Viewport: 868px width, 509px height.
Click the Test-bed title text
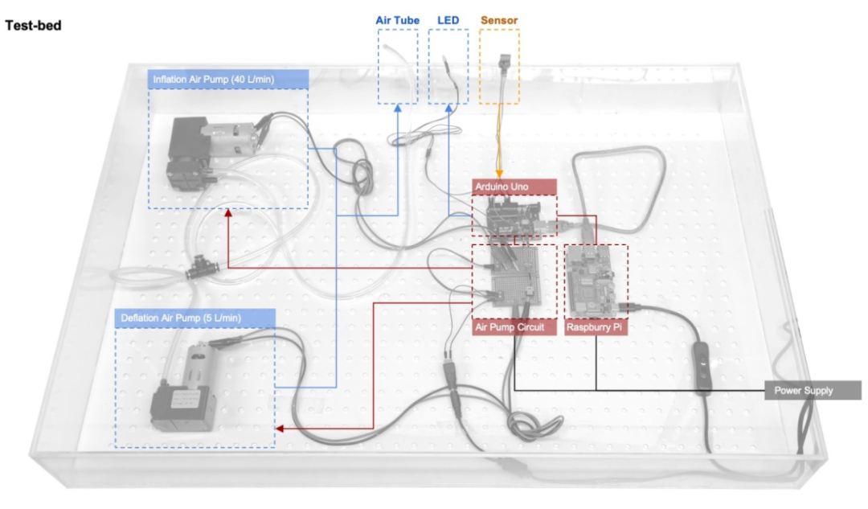[33, 26]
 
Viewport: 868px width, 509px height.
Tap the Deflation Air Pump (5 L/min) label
[181, 317]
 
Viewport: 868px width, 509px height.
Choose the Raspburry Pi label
[595, 328]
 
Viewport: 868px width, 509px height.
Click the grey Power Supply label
[804, 391]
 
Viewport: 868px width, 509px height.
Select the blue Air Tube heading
[397, 19]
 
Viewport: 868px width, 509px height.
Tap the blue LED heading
[448, 19]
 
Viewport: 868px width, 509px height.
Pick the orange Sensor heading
[499, 19]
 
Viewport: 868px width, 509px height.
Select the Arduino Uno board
[514, 217]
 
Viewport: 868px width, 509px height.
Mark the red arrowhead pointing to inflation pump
[227, 213]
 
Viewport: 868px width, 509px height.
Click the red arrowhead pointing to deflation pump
[279, 429]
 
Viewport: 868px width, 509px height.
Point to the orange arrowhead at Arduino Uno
[499, 174]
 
